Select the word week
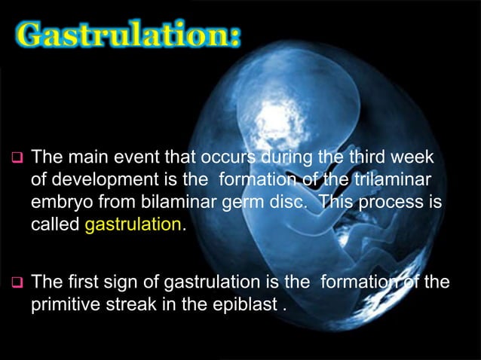(425, 158)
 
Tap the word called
(55, 225)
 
